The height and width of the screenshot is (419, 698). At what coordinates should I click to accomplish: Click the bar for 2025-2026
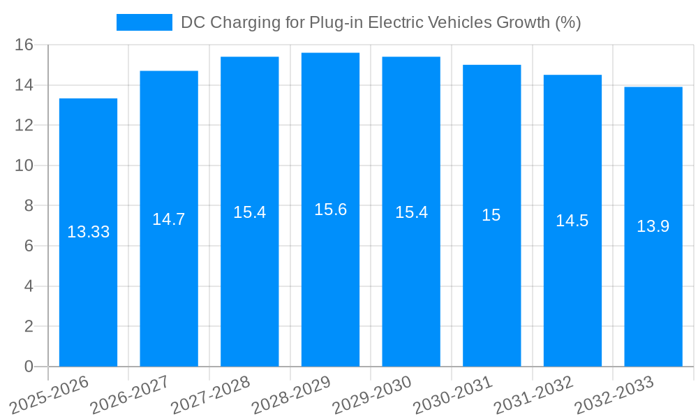coord(88,293)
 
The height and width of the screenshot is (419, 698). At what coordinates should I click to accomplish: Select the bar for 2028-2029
coord(330,293)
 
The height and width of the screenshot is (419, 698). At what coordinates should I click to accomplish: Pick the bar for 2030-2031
coord(491,293)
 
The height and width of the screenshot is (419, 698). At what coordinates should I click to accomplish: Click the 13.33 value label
coord(88,232)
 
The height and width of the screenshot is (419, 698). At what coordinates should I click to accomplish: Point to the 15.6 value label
coord(330,209)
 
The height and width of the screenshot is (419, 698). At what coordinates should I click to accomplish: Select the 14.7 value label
coord(169,219)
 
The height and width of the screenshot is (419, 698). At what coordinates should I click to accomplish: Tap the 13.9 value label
coord(653,226)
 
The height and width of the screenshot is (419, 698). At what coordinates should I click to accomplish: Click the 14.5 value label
coord(572,221)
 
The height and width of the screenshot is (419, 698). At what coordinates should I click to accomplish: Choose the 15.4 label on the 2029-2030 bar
coord(411,212)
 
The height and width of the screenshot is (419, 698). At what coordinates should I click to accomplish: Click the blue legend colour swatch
coord(144,22)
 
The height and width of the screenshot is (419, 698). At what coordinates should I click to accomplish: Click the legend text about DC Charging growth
coord(380,22)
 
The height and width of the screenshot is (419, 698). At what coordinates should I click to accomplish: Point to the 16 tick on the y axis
coord(24,45)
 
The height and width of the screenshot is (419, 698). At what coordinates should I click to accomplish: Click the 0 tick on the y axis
coord(29,367)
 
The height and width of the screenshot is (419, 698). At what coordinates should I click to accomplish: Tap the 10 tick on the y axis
coord(24,166)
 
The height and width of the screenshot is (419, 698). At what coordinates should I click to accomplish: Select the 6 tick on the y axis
coord(29,246)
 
